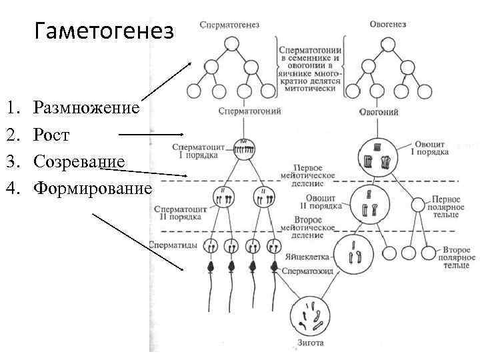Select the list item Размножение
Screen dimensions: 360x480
[87, 107]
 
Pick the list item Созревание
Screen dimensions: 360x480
[79, 161]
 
